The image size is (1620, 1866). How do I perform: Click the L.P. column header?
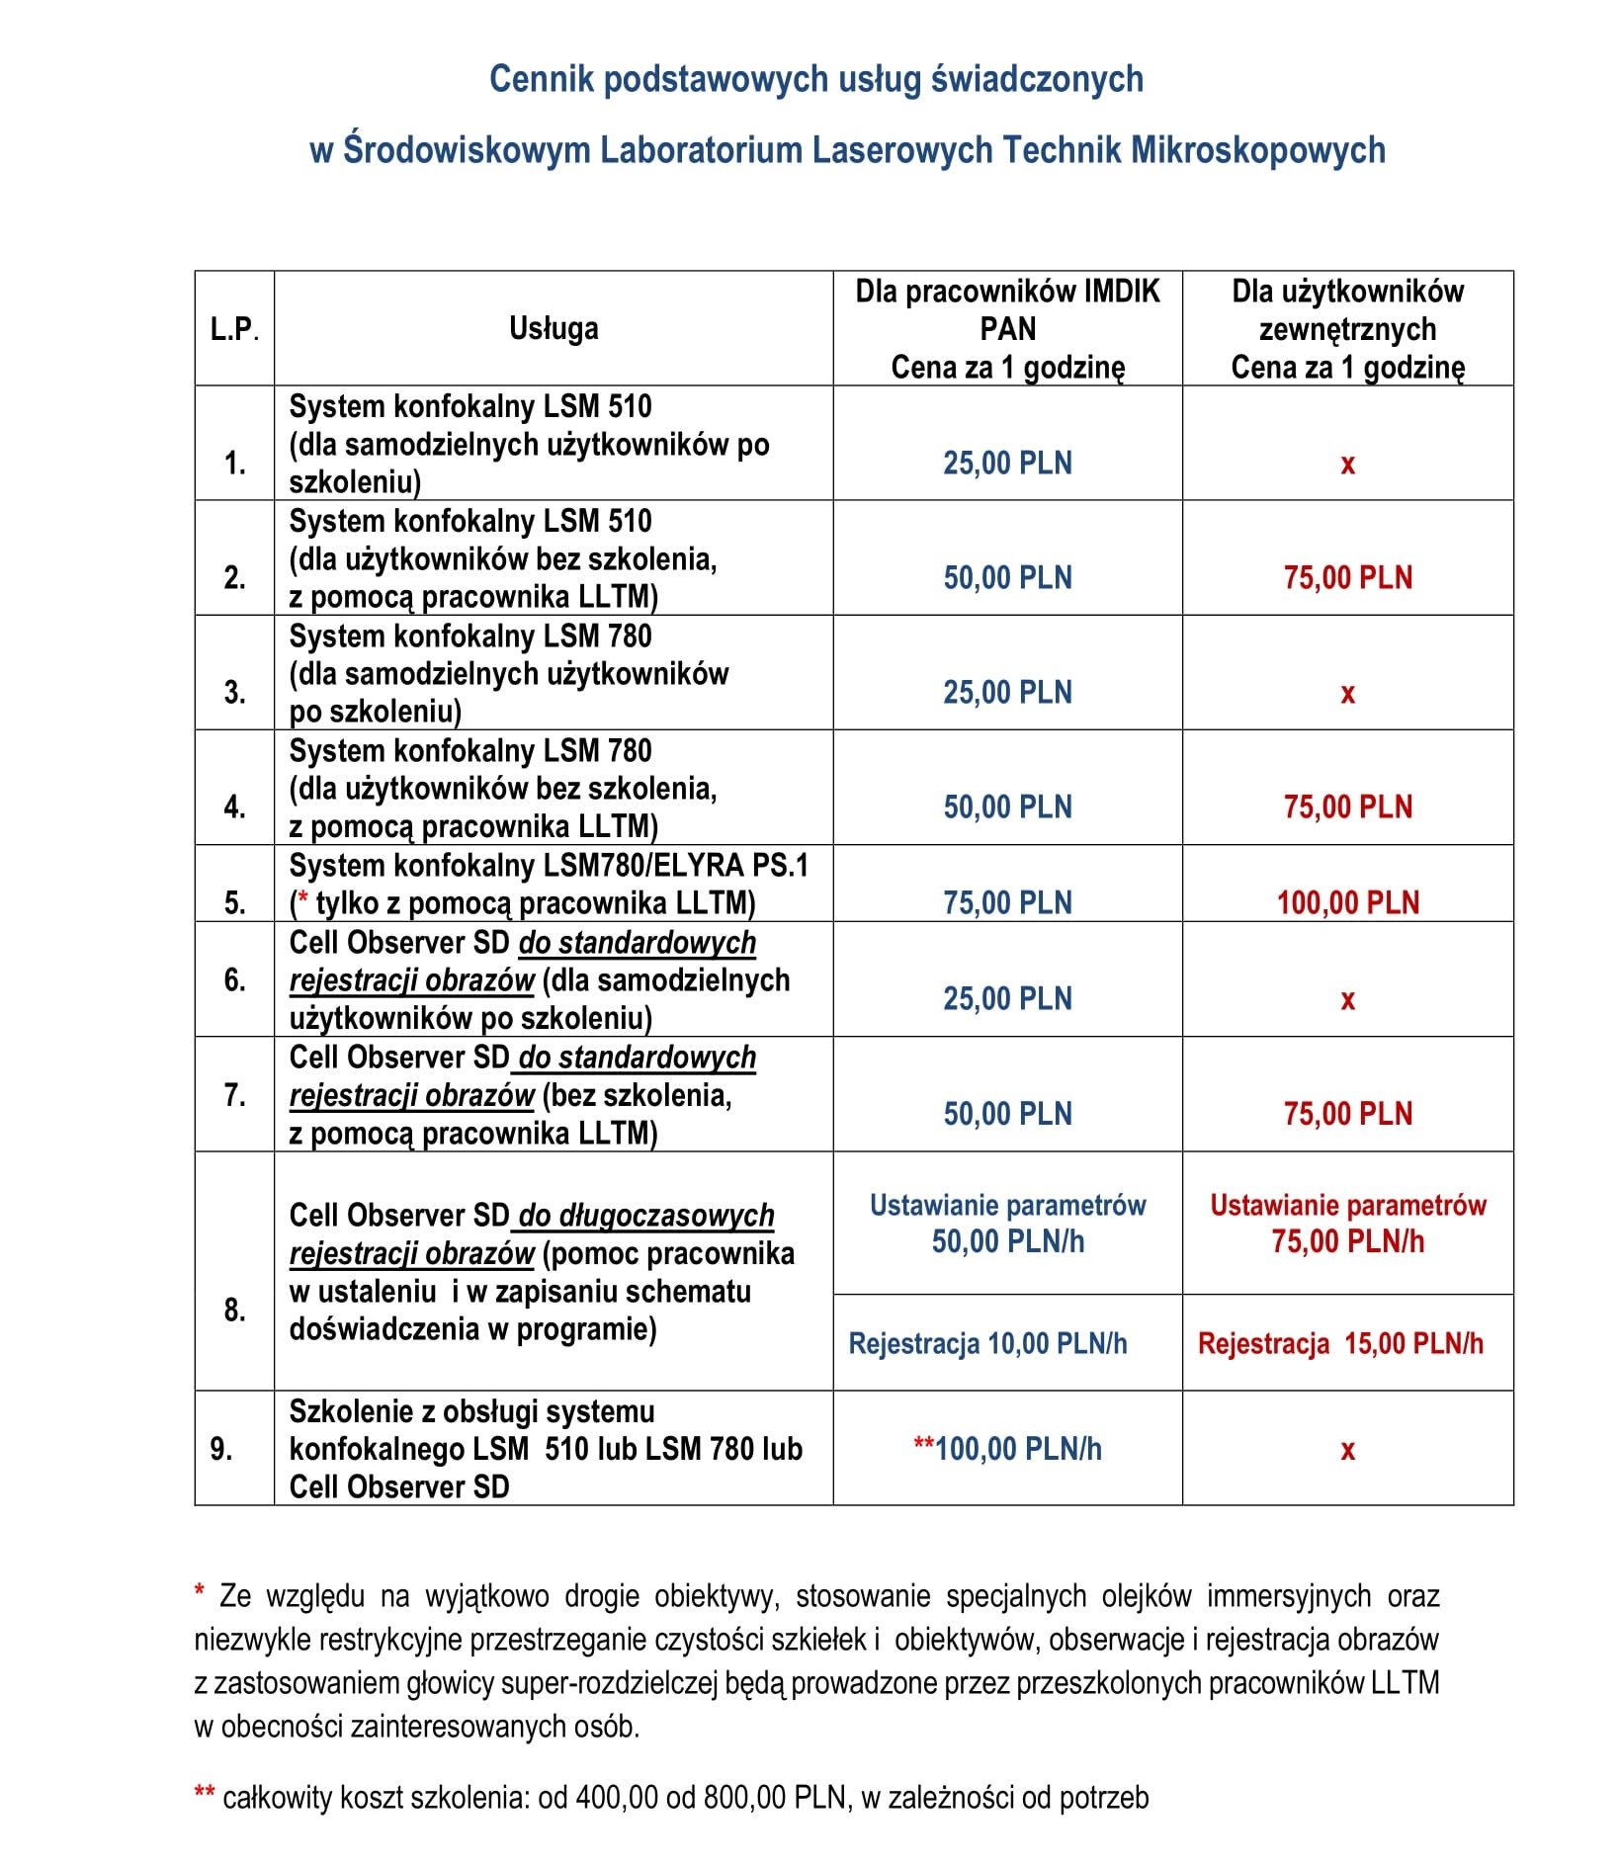click(x=234, y=328)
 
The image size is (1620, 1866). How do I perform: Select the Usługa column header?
click(x=554, y=328)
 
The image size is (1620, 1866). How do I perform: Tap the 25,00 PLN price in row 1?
click(x=1007, y=463)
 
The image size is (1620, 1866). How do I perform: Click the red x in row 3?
click(x=1347, y=693)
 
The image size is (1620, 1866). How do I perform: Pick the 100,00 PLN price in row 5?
click(x=1347, y=902)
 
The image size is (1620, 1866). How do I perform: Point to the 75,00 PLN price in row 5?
click(x=1007, y=902)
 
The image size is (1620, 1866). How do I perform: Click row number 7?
click(x=234, y=1094)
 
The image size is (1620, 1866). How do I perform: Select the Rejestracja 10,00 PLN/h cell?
click(x=987, y=1343)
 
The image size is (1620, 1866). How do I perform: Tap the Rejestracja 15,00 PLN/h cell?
click(x=1340, y=1343)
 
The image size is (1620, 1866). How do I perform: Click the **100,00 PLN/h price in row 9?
click(x=1007, y=1449)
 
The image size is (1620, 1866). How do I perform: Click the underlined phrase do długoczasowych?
click(x=646, y=1215)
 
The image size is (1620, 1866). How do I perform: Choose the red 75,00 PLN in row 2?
click(x=1347, y=577)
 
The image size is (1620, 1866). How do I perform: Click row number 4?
click(x=234, y=806)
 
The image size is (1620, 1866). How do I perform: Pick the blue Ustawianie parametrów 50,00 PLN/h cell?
click(x=1007, y=1224)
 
